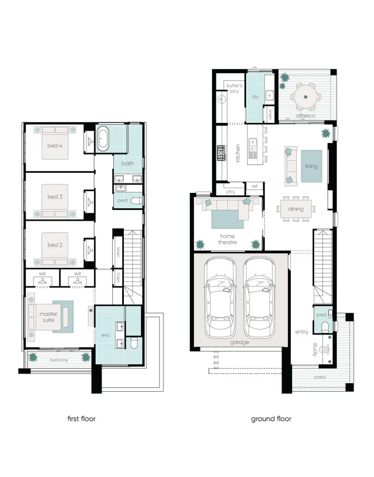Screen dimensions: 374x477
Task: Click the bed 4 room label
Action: (x=54, y=145)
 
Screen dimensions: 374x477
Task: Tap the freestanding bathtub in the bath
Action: (x=103, y=139)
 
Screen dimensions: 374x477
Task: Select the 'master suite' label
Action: (x=48, y=317)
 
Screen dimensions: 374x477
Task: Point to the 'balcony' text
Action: (x=59, y=360)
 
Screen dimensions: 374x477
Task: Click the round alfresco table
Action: (x=305, y=97)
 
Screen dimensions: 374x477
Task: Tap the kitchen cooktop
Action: (x=221, y=153)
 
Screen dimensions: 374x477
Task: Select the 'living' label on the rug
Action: (x=312, y=166)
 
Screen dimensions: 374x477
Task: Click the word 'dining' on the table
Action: (x=296, y=209)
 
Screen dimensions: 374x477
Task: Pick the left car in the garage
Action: (x=220, y=297)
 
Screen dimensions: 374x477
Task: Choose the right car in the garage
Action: (x=259, y=297)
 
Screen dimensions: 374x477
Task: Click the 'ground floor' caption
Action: (x=271, y=419)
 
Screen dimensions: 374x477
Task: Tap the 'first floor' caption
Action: (x=81, y=419)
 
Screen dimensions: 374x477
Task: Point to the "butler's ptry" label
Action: (x=234, y=88)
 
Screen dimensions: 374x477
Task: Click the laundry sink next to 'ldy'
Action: (x=269, y=95)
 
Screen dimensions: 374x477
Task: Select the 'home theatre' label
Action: (x=227, y=239)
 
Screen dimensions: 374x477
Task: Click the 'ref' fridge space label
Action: (x=254, y=186)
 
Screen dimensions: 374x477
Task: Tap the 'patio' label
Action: (x=320, y=377)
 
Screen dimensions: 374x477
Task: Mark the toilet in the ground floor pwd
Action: (x=325, y=326)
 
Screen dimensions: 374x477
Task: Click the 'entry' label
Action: (x=302, y=332)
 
